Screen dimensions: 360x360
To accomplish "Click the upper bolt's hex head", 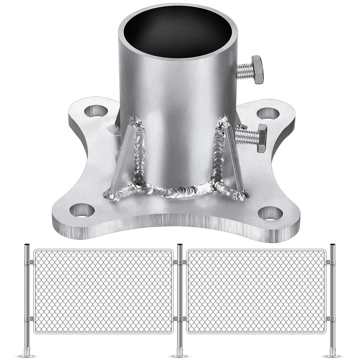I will [x=257, y=70].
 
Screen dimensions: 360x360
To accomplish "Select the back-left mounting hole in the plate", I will [x=96, y=111].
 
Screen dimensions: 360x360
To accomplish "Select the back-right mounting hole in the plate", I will [x=268, y=114].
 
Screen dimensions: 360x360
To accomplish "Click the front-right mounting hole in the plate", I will [x=270, y=213].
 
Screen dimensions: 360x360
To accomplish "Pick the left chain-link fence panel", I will [x=103, y=291].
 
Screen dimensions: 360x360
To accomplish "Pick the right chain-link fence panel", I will [x=256, y=291].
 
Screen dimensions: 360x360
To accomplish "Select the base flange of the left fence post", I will [x=27, y=353].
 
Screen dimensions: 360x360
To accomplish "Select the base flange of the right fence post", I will [x=332, y=353].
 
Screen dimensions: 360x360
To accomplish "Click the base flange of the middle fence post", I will [x=180, y=353].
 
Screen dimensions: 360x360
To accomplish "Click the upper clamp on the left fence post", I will [x=29, y=262].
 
